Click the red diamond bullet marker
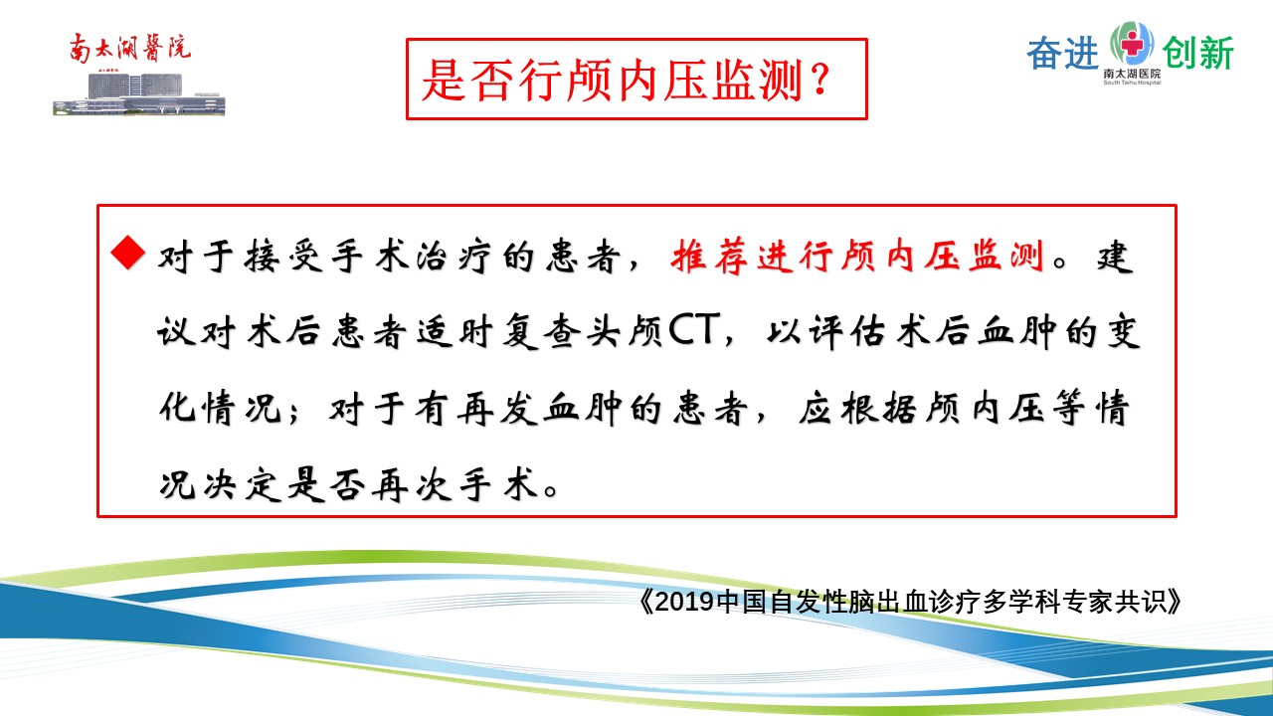tap(128, 253)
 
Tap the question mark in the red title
tap(821, 81)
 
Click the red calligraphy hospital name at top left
tap(130, 48)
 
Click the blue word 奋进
tap(1062, 54)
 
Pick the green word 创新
tap(1198, 54)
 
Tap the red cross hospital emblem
tap(1132, 43)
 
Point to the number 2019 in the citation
tap(685, 602)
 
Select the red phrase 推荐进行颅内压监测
tap(857, 257)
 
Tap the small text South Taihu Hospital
tap(1132, 83)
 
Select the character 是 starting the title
tap(444, 81)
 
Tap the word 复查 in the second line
tap(541, 331)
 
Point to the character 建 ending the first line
tap(1116, 257)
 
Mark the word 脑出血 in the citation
tap(888, 602)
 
